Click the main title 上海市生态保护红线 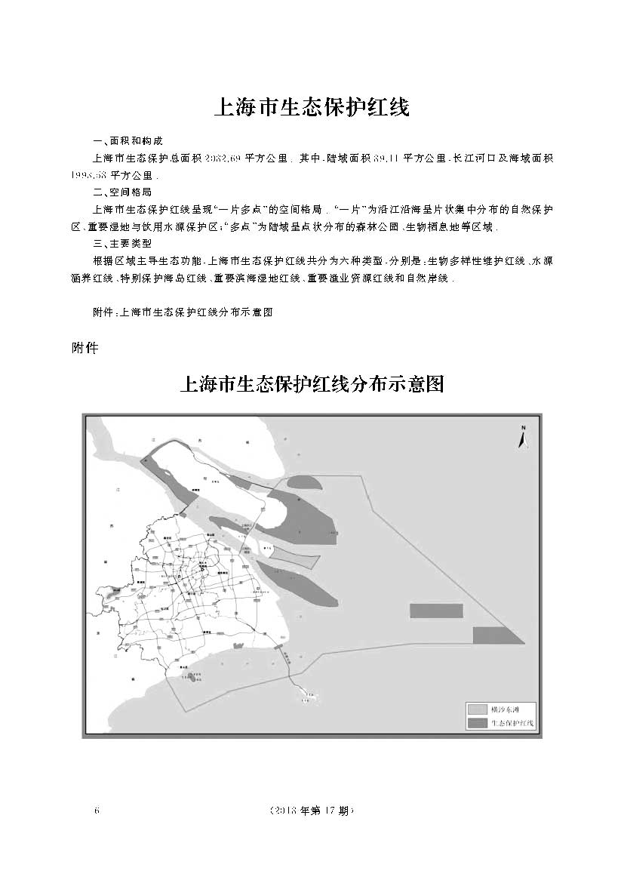click(x=312, y=107)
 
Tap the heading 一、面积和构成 click(x=125, y=142)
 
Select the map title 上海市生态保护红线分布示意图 click(x=312, y=386)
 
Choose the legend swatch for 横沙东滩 click(x=477, y=709)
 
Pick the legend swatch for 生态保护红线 click(x=477, y=723)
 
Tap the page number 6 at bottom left click(x=96, y=811)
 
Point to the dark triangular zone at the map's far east click(x=496, y=635)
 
